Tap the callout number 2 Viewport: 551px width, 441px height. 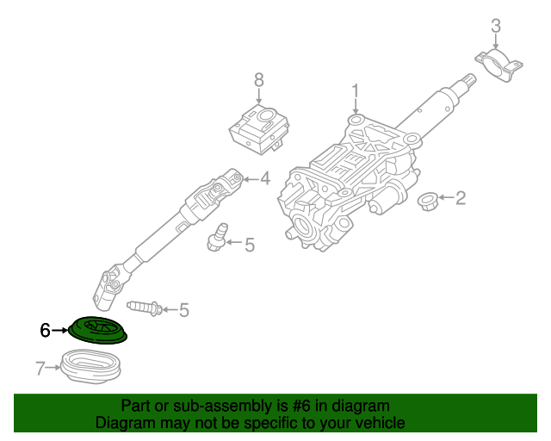click(461, 199)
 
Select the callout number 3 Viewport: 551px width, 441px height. click(496, 27)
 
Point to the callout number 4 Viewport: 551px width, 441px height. click(265, 179)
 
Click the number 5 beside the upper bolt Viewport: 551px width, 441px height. click(250, 245)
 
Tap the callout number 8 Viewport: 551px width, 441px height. click(259, 79)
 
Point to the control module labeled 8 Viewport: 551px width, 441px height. click(259, 126)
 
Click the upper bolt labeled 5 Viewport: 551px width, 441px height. click(216, 239)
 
